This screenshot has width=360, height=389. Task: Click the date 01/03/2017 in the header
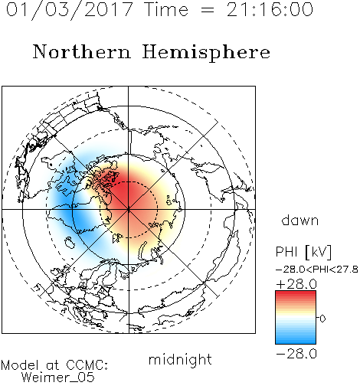tap(69, 10)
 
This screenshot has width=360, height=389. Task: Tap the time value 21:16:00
tap(270, 10)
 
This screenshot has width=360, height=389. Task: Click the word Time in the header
tap(166, 10)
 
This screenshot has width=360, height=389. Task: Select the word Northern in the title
tap(81, 52)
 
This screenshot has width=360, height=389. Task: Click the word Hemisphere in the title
tap(206, 53)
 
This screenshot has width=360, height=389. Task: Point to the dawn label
tap(300, 220)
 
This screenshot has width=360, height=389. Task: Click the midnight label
tap(180, 360)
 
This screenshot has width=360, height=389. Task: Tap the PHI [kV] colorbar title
tap(303, 252)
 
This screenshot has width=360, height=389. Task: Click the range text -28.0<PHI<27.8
tap(317, 270)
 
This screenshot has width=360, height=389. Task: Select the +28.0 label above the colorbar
tap(296, 284)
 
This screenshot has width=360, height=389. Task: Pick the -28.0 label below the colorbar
tap(296, 354)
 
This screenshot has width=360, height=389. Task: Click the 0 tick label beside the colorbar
tap(322, 319)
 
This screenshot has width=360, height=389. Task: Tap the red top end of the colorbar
tap(296, 293)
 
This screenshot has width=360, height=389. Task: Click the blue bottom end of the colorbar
tap(296, 342)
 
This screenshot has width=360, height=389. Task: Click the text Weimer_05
tap(58, 378)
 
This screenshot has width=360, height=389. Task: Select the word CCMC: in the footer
tap(87, 365)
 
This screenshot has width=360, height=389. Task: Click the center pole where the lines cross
tap(128, 209)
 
